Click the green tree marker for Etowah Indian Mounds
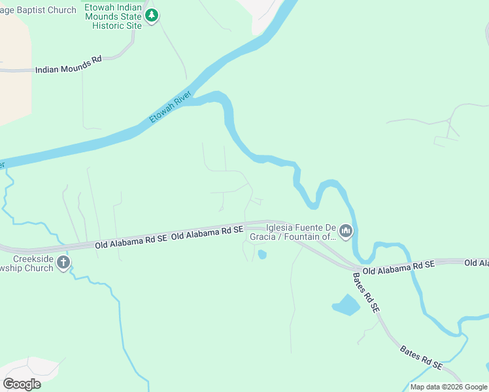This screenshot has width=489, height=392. tap(152, 14)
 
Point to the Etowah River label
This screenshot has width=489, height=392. tap(166, 110)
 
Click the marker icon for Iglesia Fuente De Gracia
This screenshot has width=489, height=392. tap(346, 231)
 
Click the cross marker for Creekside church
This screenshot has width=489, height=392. tap(63, 263)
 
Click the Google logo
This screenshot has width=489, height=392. tap(22, 384)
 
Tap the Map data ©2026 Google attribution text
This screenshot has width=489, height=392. tap(448, 387)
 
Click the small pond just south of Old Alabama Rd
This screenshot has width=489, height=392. tap(262, 254)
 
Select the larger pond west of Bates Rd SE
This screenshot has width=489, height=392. tap(346, 305)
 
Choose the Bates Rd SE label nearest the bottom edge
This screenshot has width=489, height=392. tap(422, 356)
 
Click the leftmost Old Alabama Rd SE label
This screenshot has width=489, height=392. tap(131, 241)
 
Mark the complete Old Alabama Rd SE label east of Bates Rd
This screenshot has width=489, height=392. tap(399, 267)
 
